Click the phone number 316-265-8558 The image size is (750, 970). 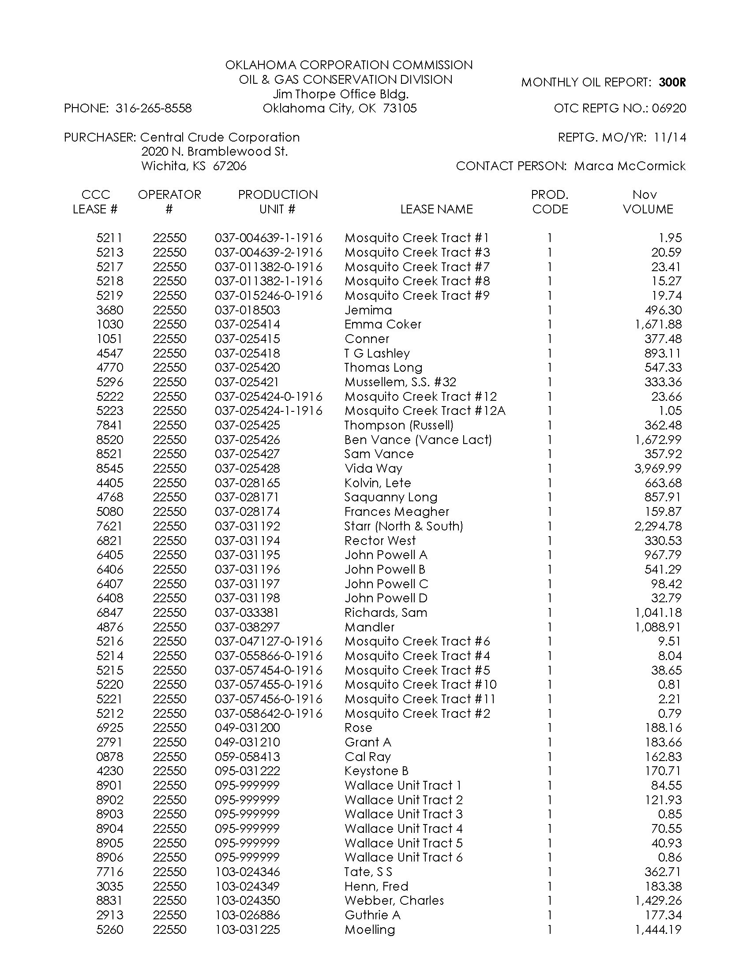[153, 108]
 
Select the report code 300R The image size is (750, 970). [672, 82]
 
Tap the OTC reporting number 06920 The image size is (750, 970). [669, 108]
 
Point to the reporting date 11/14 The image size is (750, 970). [670, 137]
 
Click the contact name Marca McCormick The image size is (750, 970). [630, 166]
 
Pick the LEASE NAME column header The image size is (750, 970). [436, 209]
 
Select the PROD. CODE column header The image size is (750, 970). [550, 202]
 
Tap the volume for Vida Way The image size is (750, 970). [658, 469]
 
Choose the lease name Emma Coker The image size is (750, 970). [382, 324]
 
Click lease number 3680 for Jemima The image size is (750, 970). [110, 310]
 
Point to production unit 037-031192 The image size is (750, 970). [247, 526]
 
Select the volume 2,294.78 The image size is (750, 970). [658, 526]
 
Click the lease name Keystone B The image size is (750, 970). [376, 771]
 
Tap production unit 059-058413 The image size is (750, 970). [247, 757]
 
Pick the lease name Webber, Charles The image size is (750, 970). [394, 901]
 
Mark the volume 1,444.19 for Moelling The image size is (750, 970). [658, 929]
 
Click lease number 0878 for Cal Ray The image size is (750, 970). [110, 757]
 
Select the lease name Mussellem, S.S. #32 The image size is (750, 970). [400, 382]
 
